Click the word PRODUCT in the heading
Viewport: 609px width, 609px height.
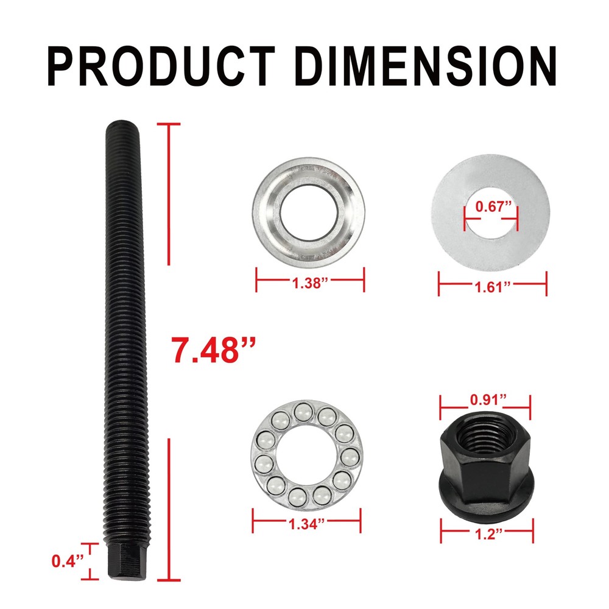[166, 65]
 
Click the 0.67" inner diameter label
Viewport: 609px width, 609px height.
[491, 206]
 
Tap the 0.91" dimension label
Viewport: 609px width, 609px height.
[485, 400]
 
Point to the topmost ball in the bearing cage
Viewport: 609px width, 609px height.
[301, 413]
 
